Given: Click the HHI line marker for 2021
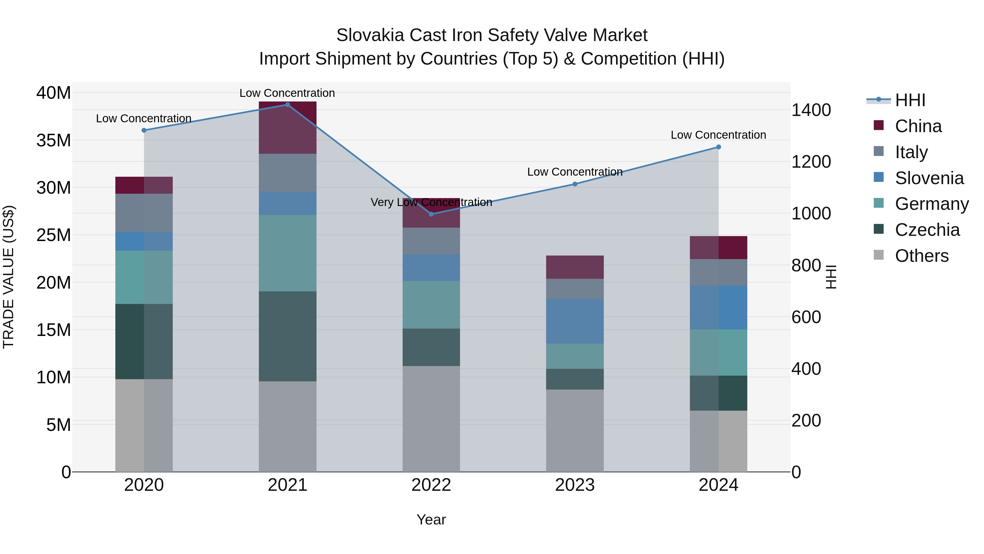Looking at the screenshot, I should pos(288,105).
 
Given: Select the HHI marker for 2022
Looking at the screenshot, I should pos(431,214).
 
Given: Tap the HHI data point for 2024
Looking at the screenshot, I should pos(719,147).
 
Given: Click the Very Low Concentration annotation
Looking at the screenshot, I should pos(431,202).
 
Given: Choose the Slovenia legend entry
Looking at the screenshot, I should pos(929,178).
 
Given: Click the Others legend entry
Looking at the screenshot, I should pos(921,256).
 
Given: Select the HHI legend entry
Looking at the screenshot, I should pos(910,100).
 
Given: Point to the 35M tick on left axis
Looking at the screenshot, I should pos(54,140).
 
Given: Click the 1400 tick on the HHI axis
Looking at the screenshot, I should pos(811,110).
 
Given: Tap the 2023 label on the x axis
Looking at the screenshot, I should pos(575,485).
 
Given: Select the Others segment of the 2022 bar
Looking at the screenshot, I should pos(431,419).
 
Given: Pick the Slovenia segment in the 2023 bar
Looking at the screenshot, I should pos(575,321).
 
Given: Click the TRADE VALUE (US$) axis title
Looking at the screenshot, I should pos(8,277).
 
